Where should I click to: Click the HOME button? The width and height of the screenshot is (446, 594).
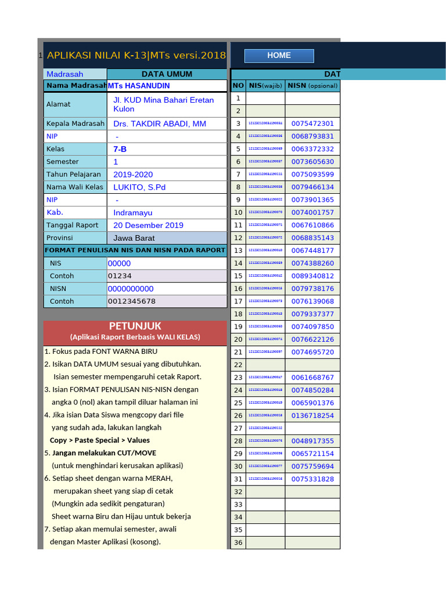[x=279, y=56]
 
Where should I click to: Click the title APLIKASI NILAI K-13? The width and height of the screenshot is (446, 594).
[x=136, y=56]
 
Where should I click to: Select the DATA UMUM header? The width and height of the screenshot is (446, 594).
[x=167, y=74]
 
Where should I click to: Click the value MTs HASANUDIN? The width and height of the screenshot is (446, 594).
[x=139, y=86]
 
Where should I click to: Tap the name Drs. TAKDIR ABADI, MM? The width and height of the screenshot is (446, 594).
[x=160, y=124]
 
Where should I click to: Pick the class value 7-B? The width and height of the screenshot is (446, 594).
[x=120, y=149]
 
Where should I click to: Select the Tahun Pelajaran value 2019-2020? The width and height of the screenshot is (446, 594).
[x=133, y=175]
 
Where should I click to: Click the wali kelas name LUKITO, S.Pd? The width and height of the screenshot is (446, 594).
[x=139, y=187]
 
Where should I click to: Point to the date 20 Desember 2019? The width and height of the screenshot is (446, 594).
[x=148, y=225]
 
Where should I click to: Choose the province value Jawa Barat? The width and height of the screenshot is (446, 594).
[x=134, y=238]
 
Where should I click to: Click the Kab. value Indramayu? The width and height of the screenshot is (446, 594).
[x=134, y=213]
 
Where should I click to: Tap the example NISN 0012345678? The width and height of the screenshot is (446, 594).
[x=132, y=301]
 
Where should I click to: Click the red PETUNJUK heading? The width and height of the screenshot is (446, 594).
[x=135, y=326]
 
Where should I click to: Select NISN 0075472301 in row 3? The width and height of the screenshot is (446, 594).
[x=312, y=124]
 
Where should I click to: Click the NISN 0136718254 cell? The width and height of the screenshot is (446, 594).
[x=312, y=415]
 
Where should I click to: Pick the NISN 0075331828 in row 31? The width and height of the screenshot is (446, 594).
[x=312, y=479]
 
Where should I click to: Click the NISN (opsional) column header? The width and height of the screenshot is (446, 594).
[x=312, y=86]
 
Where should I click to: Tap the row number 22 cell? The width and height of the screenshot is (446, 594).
[x=238, y=365]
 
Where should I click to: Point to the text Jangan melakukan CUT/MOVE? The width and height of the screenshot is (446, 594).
[x=104, y=453]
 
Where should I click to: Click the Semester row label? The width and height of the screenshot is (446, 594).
[x=63, y=162]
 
